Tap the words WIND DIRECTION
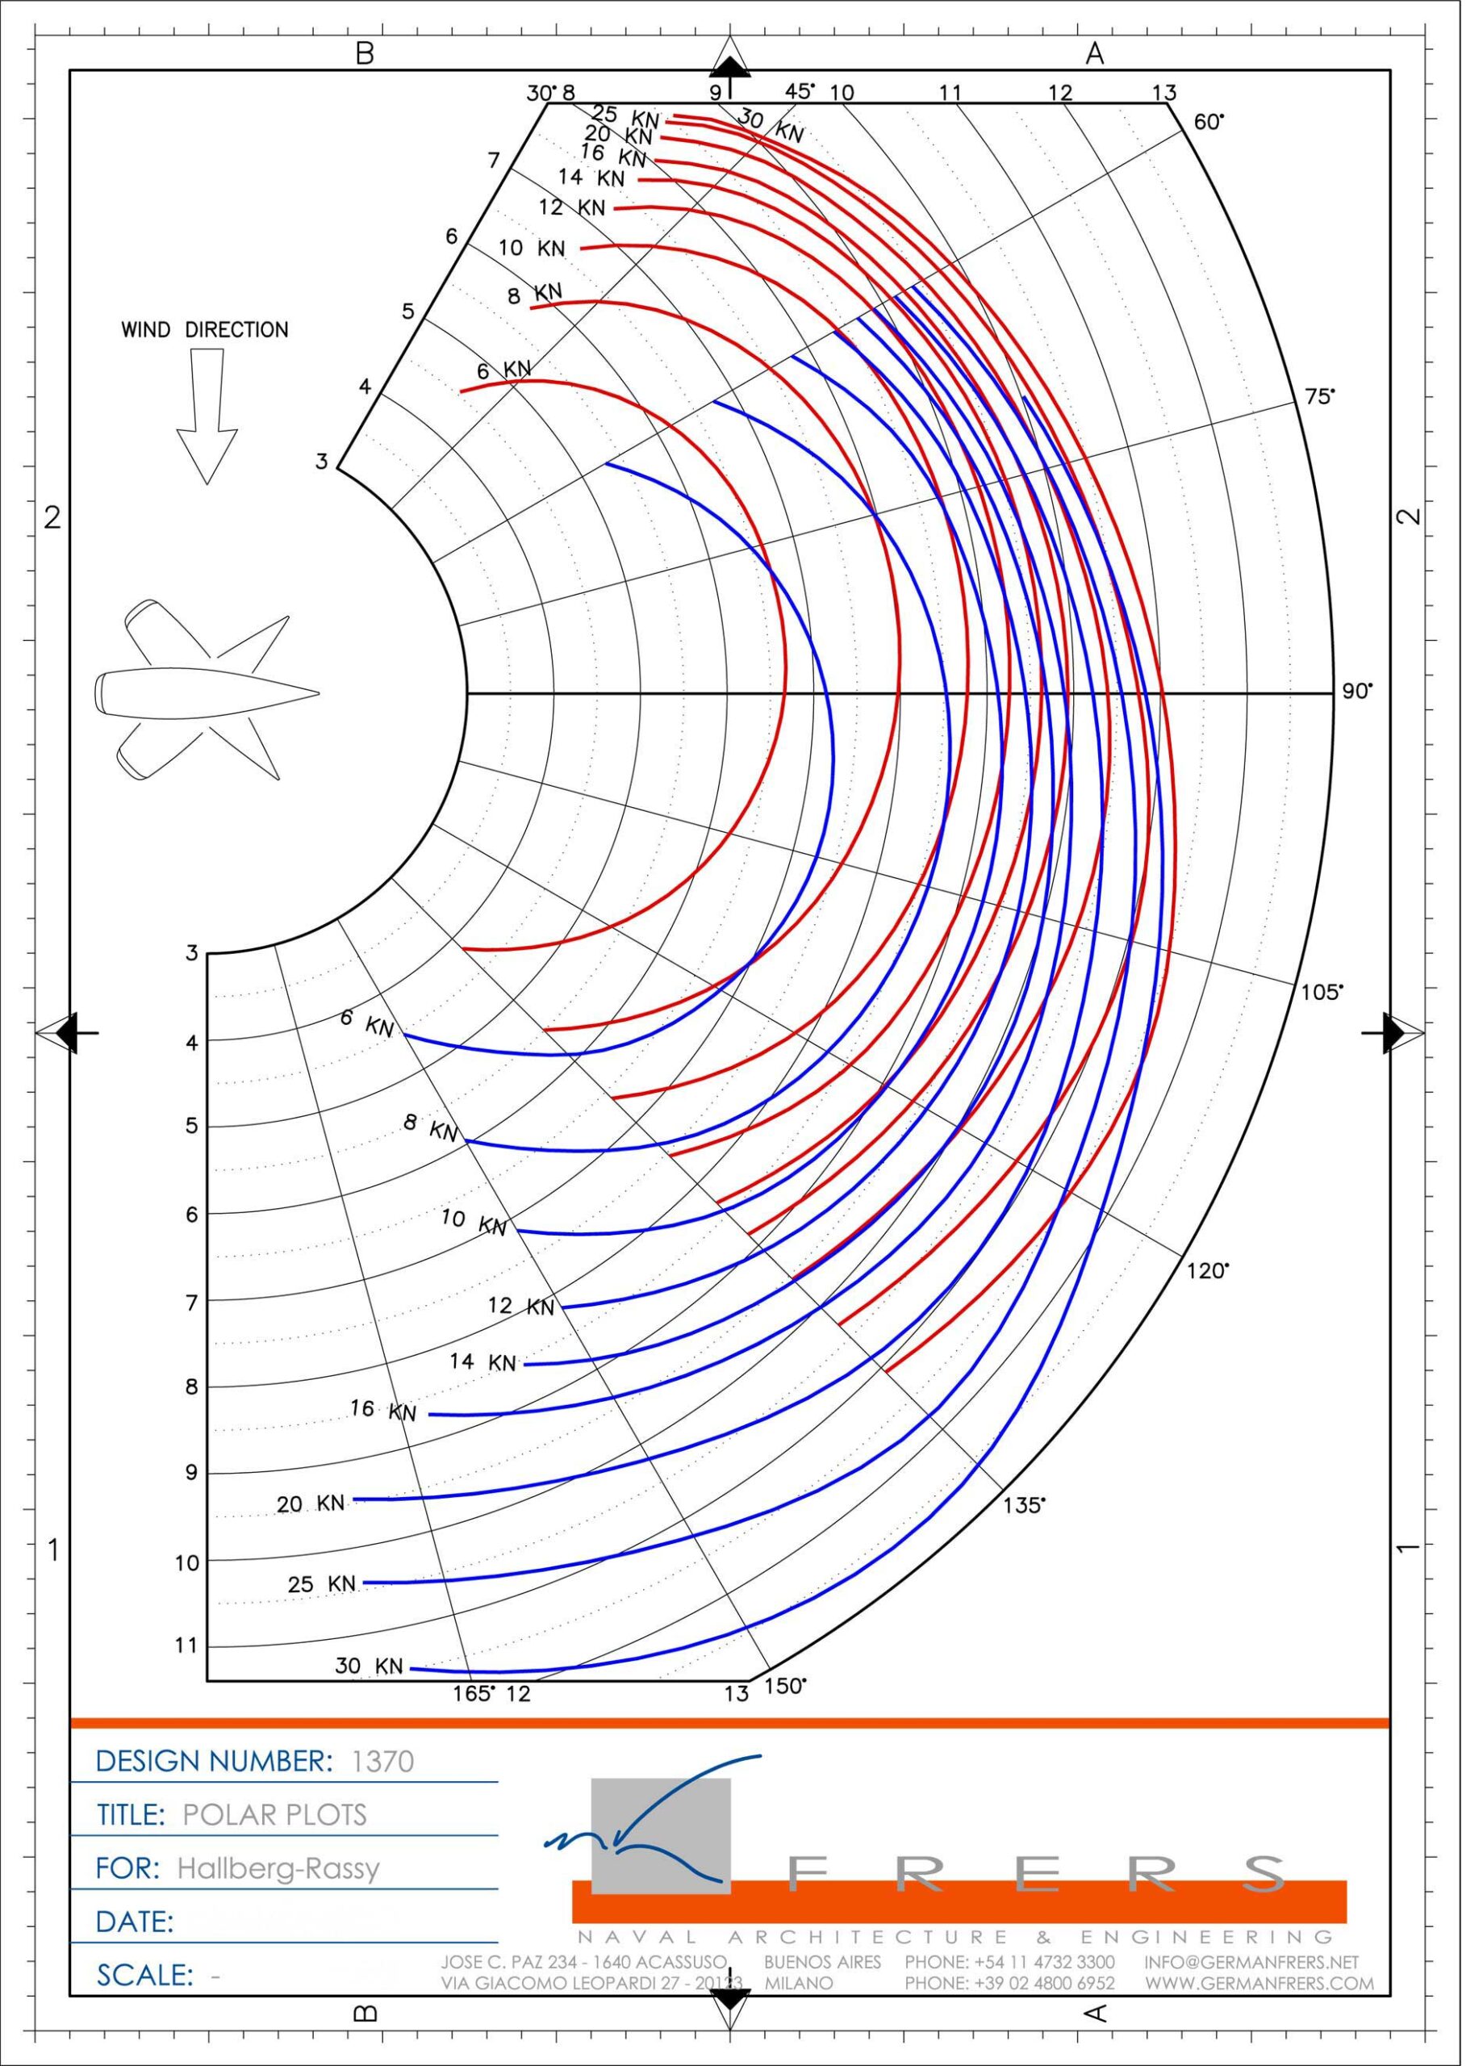205,330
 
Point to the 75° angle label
1319,396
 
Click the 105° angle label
1321,992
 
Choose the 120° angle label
1207,1271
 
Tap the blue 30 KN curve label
369,1665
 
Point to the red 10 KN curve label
532,248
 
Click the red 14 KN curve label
591,177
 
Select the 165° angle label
474,1692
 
